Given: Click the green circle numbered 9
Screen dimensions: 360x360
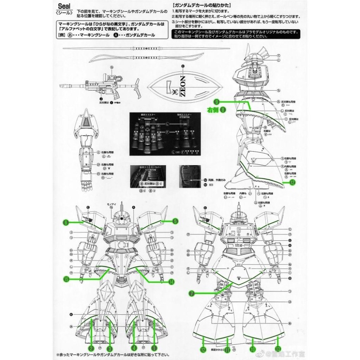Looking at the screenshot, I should pyautogui.click(x=217, y=102).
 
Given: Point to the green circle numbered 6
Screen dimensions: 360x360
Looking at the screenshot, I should pyautogui.click(x=66, y=223).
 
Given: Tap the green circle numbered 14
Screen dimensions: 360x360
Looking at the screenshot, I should pyautogui.click(x=171, y=282).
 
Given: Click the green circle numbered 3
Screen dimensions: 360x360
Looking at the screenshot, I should pyautogui.click(x=110, y=348).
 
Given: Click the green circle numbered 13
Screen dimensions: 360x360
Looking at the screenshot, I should pyautogui.click(x=278, y=349).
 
